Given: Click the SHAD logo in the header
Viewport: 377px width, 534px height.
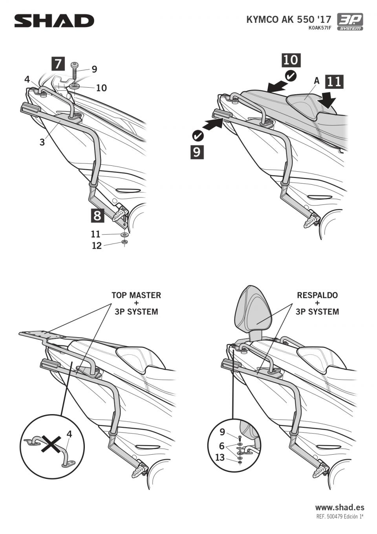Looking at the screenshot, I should pos(54,21).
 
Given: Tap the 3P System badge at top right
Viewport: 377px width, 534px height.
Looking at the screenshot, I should pos(350,22).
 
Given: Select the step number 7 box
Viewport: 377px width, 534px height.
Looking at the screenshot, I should pos(58,63).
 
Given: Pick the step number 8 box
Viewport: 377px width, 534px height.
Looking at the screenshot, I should pos(97,215).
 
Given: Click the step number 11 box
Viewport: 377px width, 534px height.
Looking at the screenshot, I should pos(334,82).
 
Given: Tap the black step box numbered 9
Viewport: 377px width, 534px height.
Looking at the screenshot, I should pos(197,152).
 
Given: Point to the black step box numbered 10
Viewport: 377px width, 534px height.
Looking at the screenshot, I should pos(291,60).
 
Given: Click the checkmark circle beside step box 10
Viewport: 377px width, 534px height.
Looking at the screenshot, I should pos(291,75).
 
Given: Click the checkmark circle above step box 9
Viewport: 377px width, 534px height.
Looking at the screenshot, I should pos(198,136).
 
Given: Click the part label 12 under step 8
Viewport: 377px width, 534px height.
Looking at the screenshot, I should pos(97,246).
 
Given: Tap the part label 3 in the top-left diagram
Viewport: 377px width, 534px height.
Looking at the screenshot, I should pos(42,142).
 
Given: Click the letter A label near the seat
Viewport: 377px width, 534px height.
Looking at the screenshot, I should pos(317,81).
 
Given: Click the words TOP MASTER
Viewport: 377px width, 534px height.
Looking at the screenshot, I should pos(136,295).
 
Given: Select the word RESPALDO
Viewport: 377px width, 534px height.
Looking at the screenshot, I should pos(317,295).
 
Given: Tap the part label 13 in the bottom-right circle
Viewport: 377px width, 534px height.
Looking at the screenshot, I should pos(220,457).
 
